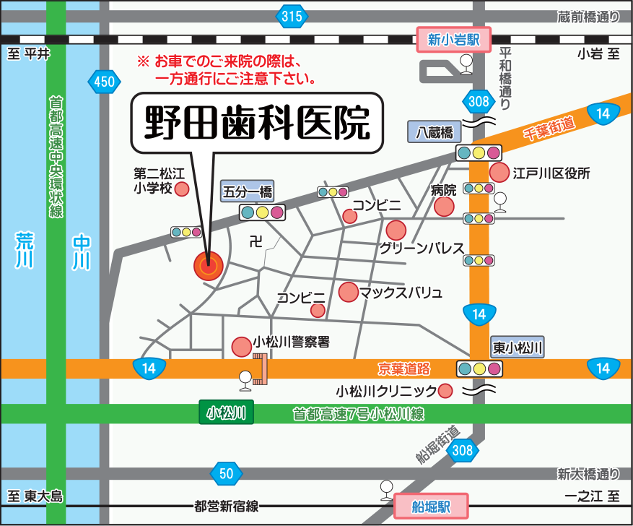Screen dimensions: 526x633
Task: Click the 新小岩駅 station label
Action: click(454, 40)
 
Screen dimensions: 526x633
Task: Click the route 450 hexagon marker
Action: click(104, 82)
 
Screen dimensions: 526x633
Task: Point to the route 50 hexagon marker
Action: click(226, 474)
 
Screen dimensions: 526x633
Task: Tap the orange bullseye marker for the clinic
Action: click(208, 266)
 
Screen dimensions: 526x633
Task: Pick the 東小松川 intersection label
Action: click(518, 348)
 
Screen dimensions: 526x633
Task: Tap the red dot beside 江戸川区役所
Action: click(499, 173)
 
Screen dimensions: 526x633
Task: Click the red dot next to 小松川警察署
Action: click(241, 346)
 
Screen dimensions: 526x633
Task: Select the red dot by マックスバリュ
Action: click(348, 292)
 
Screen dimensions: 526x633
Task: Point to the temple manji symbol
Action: click(255, 241)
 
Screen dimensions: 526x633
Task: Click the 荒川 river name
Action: click(26, 250)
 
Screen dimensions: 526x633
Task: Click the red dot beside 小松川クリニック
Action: click(445, 391)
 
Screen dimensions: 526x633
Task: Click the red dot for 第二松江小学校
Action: click(183, 189)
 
